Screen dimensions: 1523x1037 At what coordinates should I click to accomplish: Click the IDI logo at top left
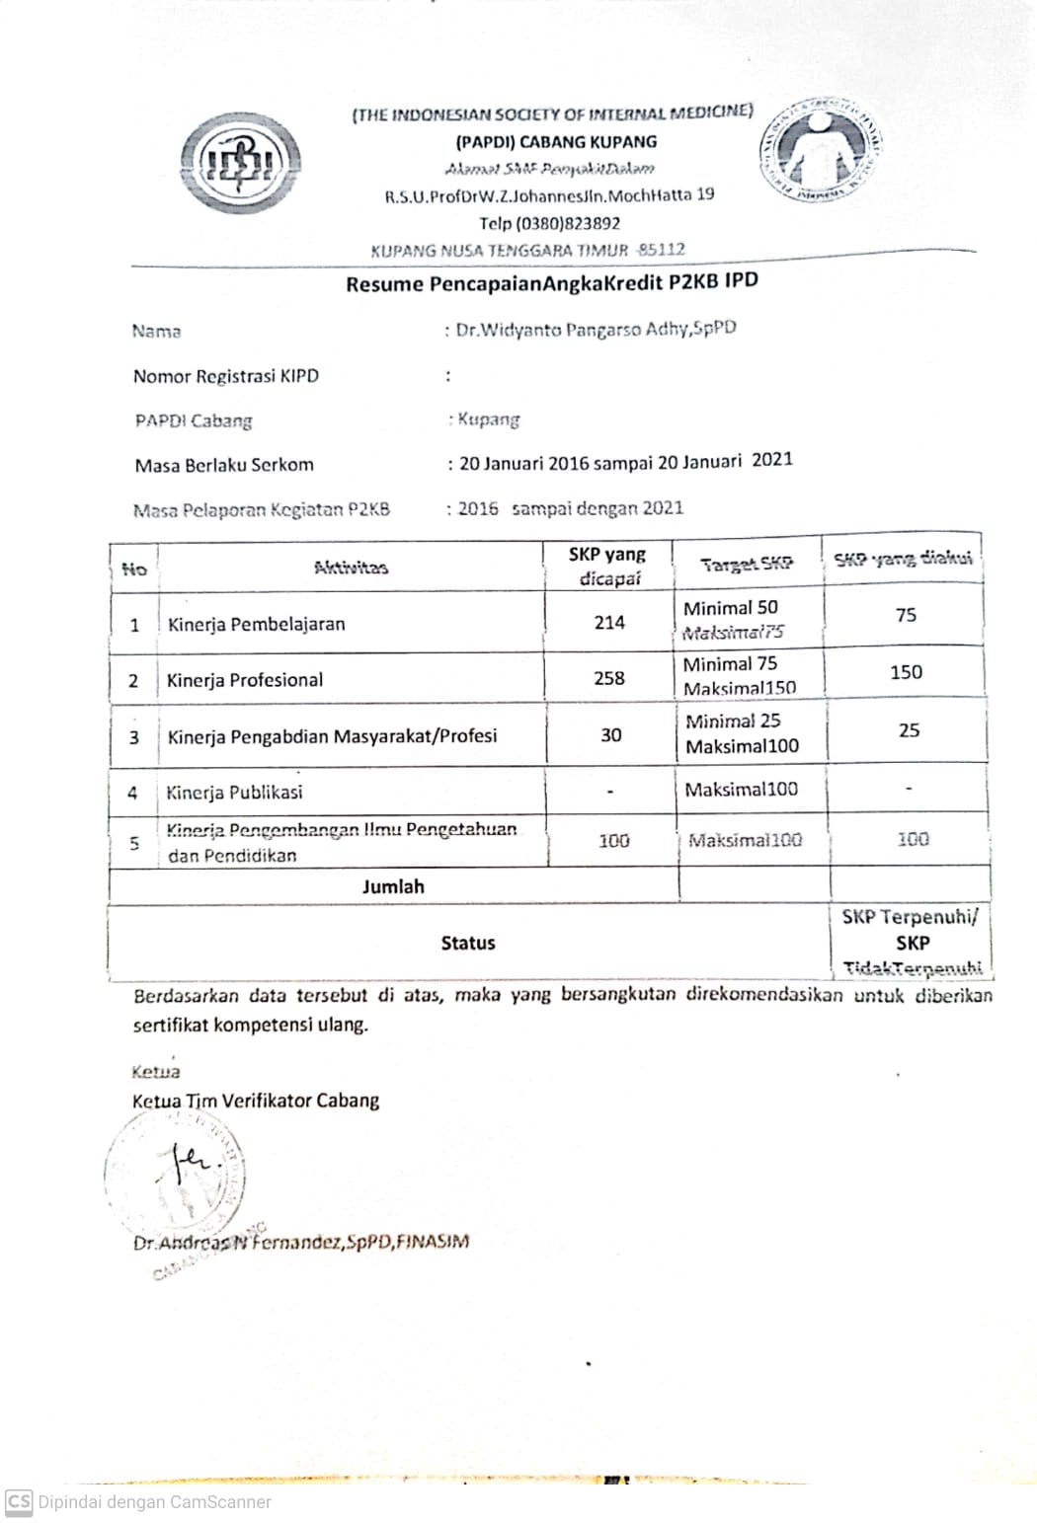click(240, 163)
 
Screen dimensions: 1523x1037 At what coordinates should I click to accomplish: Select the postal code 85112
click(661, 249)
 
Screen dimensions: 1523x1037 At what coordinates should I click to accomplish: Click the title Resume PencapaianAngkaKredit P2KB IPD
click(551, 283)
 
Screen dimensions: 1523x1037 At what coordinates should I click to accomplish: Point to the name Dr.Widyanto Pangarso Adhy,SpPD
click(596, 329)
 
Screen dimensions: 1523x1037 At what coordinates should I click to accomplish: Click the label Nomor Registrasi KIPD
click(226, 376)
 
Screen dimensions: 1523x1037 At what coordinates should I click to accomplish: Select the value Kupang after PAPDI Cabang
click(488, 419)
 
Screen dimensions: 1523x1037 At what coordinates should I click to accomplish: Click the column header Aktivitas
click(351, 567)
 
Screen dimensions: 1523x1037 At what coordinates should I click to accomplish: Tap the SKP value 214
click(609, 622)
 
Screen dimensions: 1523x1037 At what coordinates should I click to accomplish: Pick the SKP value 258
click(609, 678)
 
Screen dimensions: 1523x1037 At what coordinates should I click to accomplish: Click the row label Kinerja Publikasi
click(234, 792)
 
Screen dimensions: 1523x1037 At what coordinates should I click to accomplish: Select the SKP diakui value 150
click(906, 672)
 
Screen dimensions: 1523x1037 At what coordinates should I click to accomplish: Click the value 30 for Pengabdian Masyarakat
click(611, 734)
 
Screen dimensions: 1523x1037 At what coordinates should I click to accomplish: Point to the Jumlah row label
click(393, 886)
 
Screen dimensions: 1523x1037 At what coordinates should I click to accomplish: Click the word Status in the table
click(468, 943)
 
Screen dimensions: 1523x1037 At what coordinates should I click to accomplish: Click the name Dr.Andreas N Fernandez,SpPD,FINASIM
click(301, 1242)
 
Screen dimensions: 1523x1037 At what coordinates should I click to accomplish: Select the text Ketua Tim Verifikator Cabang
click(256, 1101)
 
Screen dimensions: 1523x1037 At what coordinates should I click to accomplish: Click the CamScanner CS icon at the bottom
click(19, 1501)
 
